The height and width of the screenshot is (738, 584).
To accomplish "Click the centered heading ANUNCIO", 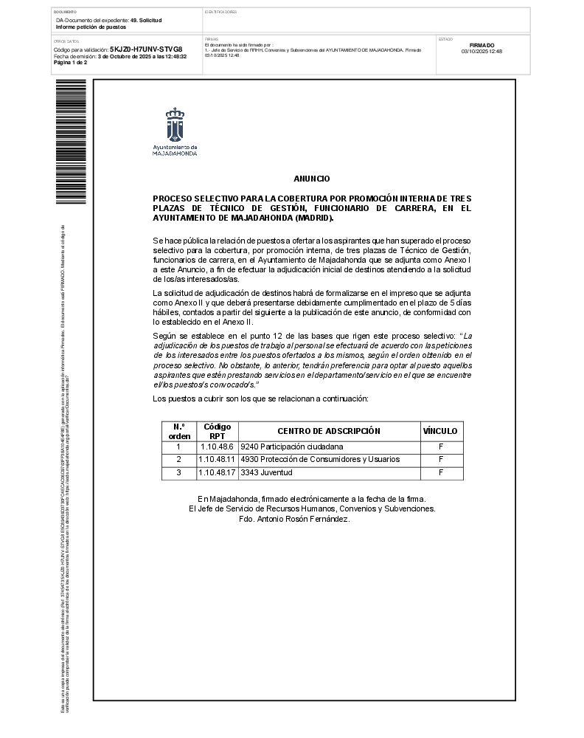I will coord(312,179).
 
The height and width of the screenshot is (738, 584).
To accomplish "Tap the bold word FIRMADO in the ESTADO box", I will coord(482,45).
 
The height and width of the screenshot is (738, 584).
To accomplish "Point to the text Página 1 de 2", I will coord(71,63).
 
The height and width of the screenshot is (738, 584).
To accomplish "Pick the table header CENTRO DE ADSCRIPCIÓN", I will coord(329,431).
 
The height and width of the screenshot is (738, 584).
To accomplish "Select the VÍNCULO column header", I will coord(440,431).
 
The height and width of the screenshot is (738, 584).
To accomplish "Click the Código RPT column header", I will coord(217,431).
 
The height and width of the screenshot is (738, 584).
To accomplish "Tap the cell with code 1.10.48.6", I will coord(217,447).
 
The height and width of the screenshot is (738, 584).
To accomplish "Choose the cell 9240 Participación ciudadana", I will coord(292,447).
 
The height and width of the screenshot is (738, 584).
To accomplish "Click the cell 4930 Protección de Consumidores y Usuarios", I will coord(320,460).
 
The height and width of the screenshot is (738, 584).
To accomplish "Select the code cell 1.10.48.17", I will coord(217,472).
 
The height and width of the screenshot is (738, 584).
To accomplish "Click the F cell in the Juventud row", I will coord(440,472).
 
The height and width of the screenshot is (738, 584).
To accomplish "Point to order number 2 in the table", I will coord(178,460).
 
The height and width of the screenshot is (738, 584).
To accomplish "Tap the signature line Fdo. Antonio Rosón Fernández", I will coord(294,520).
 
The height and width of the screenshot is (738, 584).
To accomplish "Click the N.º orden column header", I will coord(178,431).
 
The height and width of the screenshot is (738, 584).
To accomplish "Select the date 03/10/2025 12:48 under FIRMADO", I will coord(482,52).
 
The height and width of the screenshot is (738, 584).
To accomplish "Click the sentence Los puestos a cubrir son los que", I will coord(260,399).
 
